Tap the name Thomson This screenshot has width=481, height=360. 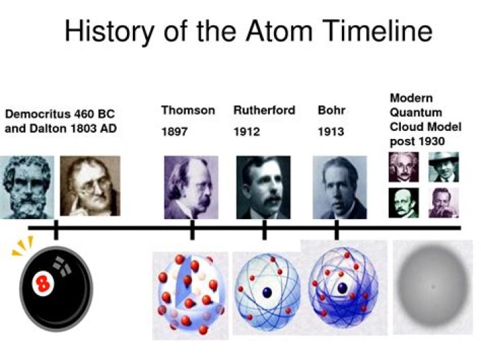188,110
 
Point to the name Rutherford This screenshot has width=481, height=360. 264,110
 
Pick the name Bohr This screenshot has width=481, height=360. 331,110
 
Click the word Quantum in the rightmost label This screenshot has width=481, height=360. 412,112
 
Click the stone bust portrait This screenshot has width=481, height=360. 26,186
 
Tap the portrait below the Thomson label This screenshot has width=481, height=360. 191,186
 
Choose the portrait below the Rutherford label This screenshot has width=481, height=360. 263,186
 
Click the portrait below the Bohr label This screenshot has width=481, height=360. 339,186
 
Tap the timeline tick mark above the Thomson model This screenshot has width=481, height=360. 192,228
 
